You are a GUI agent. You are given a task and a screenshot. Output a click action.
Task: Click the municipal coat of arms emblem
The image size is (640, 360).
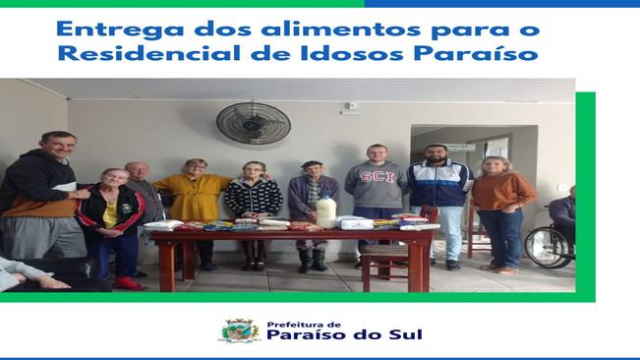point(238,331)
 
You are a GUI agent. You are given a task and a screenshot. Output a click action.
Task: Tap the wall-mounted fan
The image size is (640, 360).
point(253,123)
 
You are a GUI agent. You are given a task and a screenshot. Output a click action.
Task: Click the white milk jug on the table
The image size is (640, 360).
point(325,210)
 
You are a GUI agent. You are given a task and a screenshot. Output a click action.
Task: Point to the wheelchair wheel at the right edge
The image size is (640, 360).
point(545,247)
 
